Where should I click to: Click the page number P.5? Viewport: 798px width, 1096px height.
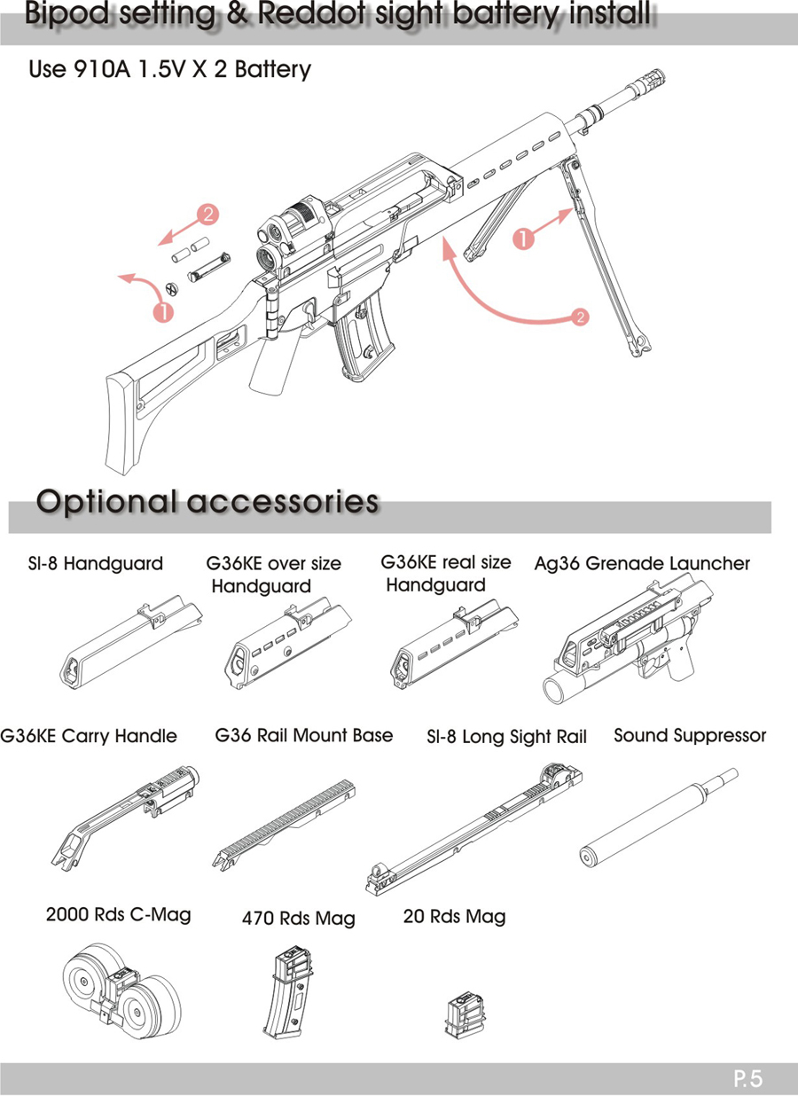coord(748,1079)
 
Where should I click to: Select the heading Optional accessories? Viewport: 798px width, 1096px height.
coord(207,501)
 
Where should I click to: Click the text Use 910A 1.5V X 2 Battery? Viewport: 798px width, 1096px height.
coord(170,69)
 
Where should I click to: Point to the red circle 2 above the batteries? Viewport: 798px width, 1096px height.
coord(208,214)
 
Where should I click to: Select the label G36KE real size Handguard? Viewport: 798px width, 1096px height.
coord(444,574)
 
